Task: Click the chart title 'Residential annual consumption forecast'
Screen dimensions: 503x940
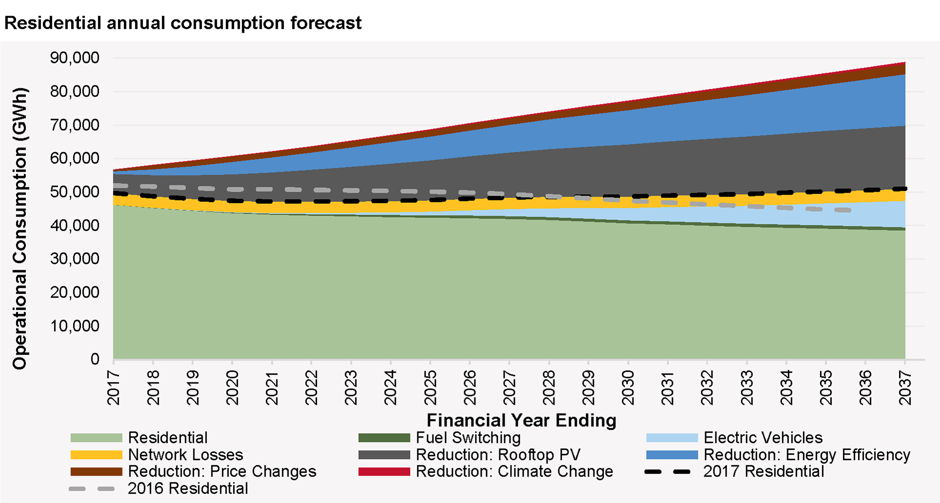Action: (183, 23)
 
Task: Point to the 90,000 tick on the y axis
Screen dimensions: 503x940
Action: (75, 58)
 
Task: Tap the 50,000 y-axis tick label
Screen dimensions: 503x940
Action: (75, 192)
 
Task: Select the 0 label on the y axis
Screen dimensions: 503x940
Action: (95, 359)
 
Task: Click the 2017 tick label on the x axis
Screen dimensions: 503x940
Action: (114, 388)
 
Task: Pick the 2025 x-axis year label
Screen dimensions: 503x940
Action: (430, 388)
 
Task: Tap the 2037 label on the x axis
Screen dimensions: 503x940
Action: (905, 388)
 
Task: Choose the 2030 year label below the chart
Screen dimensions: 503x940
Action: (628, 388)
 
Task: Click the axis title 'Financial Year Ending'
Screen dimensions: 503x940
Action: (521, 420)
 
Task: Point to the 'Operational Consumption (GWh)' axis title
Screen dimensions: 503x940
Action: (20, 228)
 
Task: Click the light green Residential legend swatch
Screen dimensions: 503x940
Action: (96, 438)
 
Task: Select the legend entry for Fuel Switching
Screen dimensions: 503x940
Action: (468, 438)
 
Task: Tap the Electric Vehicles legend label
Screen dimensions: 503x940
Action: (762, 438)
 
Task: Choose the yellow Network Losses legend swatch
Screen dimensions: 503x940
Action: (96, 455)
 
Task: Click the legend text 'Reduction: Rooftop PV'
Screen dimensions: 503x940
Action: (498, 455)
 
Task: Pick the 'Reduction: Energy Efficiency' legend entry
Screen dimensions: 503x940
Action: (806, 455)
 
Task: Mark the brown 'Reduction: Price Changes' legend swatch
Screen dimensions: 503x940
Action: (96, 472)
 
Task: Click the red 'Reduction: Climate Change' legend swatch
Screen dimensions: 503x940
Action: (384, 472)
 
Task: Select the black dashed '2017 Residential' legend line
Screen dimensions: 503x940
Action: (668, 472)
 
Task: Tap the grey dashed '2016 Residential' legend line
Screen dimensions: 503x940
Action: (92, 488)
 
